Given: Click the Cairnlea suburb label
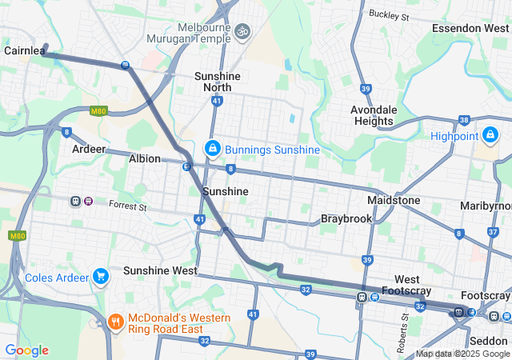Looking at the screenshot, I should (x=23, y=50).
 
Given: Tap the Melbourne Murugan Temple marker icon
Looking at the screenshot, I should (x=242, y=31).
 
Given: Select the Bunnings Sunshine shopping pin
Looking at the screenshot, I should (x=213, y=149).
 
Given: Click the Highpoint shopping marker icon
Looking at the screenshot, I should (x=490, y=134).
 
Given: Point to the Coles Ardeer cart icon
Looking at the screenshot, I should (x=100, y=277).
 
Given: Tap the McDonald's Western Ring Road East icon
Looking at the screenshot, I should (x=115, y=323).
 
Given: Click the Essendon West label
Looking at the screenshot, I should (x=470, y=28).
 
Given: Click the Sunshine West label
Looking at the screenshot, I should (x=160, y=270).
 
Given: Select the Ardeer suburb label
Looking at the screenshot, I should (x=89, y=150).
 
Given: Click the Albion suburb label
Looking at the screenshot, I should (x=145, y=159).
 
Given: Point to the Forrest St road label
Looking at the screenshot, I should (x=128, y=206).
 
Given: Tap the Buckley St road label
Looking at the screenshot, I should (x=389, y=14).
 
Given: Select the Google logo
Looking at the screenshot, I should (x=26, y=350).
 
